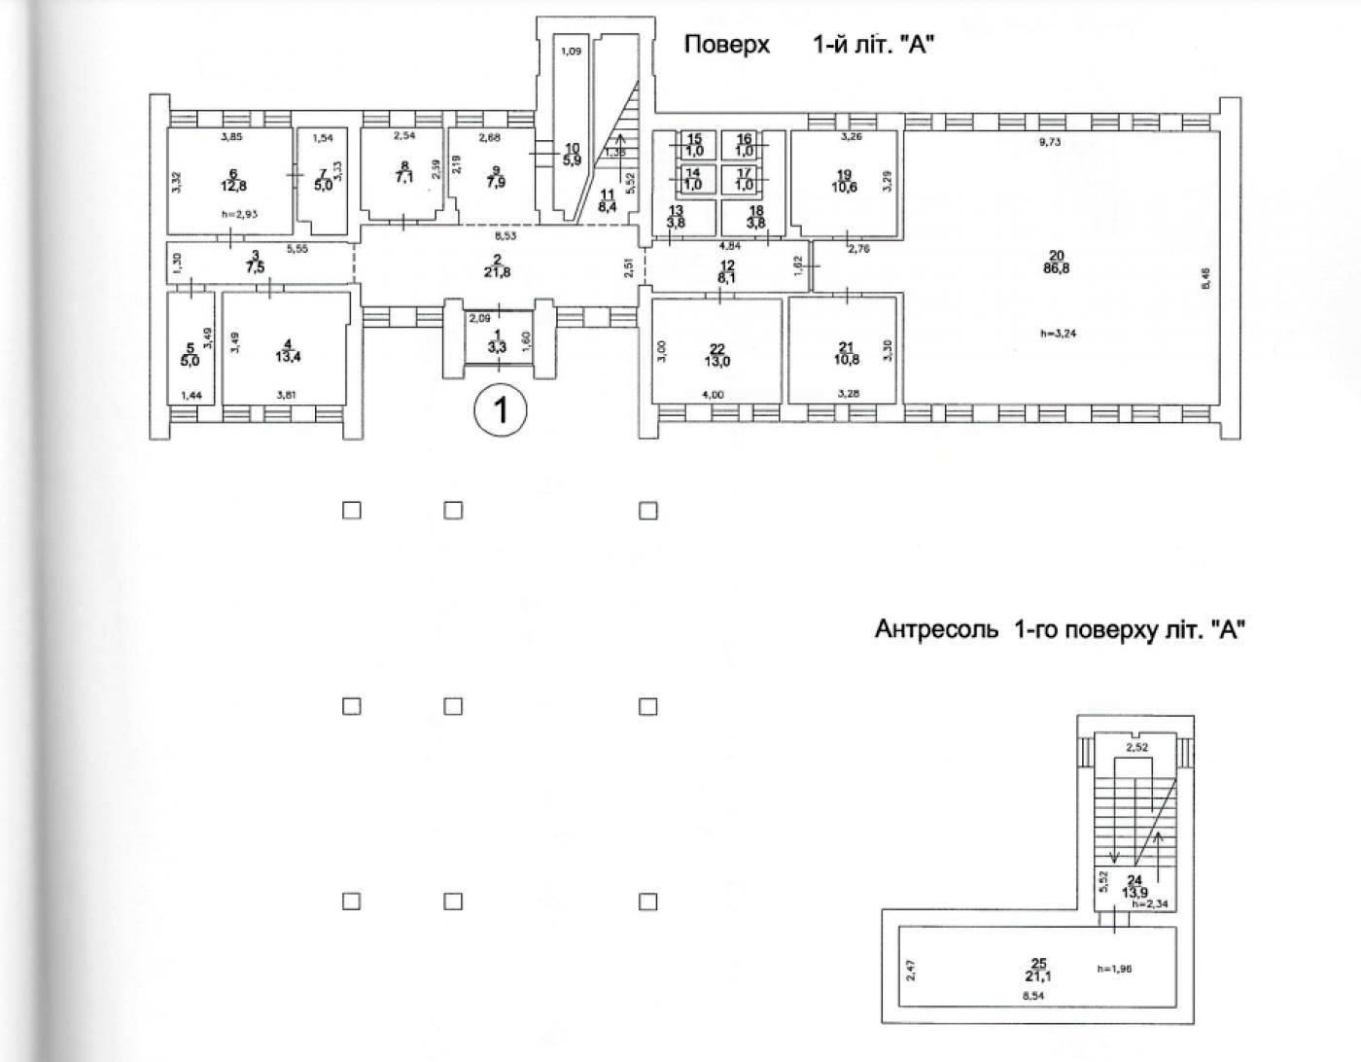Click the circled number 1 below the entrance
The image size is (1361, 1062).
500,410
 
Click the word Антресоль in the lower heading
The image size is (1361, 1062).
936,629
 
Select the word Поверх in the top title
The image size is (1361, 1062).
727,45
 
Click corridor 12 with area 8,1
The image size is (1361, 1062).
726,270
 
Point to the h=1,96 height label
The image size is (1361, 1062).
1114,969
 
